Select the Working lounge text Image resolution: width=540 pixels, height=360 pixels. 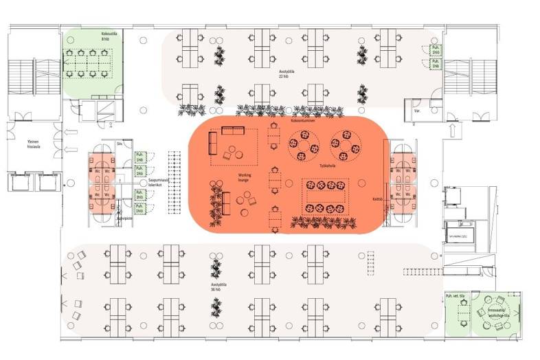pos(245,177)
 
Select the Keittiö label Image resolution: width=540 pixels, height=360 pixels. pos(376,200)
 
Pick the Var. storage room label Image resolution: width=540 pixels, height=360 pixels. pos(416,109)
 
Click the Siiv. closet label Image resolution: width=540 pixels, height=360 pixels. pos(120,144)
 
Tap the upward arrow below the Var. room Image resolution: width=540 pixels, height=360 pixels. pos(453,130)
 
